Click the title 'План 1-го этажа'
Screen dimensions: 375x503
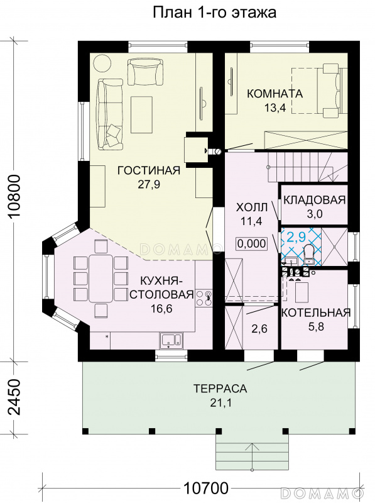[x=214, y=13]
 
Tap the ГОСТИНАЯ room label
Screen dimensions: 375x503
[x=149, y=170]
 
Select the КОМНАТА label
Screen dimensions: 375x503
[x=274, y=93]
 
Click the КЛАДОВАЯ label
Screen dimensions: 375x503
[x=315, y=200]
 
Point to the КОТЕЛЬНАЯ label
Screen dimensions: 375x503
[x=316, y=312]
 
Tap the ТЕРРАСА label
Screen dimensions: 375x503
[x=220, y=389]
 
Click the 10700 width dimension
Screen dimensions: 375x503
[x=206, y=489]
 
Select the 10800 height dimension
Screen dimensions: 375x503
[x=14, y=197]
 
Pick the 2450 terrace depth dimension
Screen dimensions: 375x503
[x=14, y=397]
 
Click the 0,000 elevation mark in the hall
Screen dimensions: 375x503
[x=252, y=244]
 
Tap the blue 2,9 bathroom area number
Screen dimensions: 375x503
[x=296, y=237]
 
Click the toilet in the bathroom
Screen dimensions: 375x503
[x=308, y=255]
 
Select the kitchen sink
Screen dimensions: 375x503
[x=171, y=341]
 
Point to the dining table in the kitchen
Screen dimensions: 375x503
[x=101, y=278]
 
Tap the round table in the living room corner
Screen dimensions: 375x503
[x=102, y=64]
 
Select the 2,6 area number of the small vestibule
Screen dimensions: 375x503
[x=259, y=329]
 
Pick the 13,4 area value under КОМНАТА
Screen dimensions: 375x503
[x=275, y=108]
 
